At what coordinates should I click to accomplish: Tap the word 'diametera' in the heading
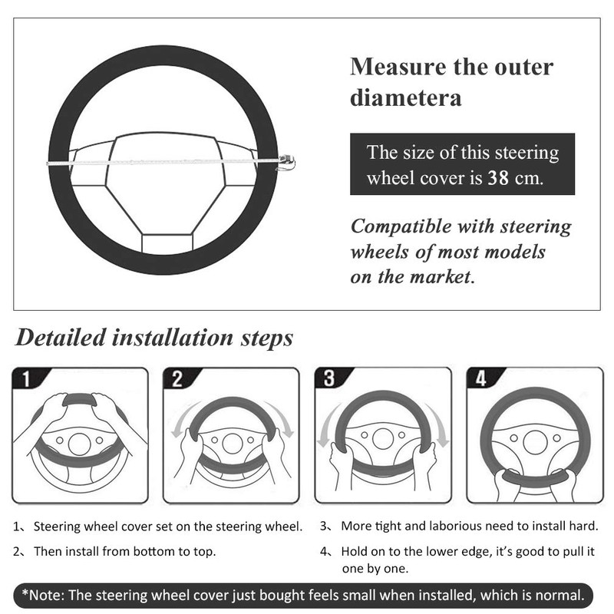(x=406, y=98)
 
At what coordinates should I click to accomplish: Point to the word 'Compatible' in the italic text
(x=402, y=227)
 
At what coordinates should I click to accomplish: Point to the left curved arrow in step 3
(x=325, y=427)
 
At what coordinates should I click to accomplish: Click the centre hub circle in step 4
(x=535, y=442)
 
